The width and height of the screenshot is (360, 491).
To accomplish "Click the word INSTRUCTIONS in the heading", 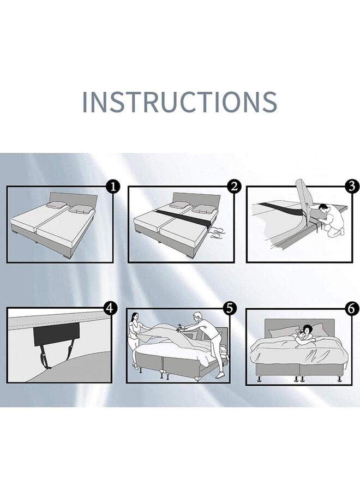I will (x=179, y=102).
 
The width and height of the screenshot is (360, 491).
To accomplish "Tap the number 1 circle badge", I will (x=113, y=187).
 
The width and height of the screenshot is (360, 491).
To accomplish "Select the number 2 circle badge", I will (x=235, y=187).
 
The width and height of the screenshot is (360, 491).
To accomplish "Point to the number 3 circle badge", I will (x=352, y=187).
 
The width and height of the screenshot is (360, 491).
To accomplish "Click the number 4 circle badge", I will (x=111, y=308).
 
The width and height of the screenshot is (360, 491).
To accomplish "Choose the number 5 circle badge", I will (x=230, y=308).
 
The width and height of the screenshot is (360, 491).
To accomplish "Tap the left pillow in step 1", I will (x=56, y=205).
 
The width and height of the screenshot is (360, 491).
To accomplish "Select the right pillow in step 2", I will (x=203, y=208).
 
